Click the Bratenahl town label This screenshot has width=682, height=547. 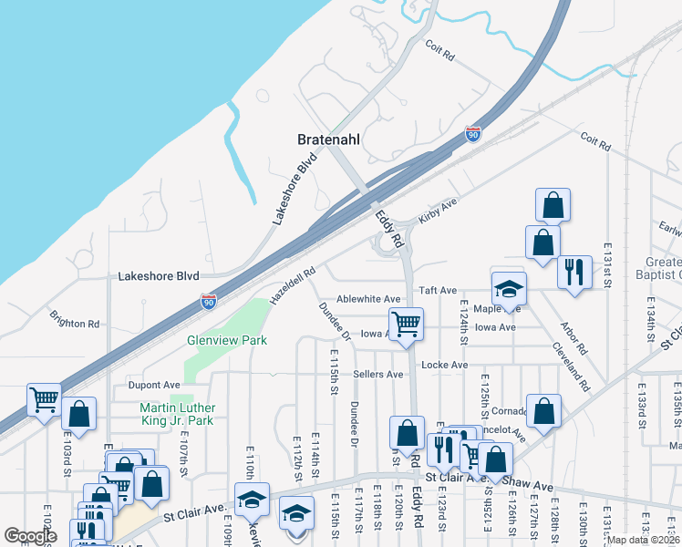click(x=332, y=140)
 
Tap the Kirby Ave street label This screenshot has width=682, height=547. click(x=436, y=211)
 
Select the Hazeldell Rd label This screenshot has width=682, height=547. click(x=292, y=285)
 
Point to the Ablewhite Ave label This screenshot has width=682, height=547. click(x=368, y=299)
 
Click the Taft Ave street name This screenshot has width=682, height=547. click(x=437, y=290)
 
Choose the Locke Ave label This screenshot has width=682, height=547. click(x=444, y=365)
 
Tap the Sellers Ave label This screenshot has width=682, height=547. click(x=377, y=374)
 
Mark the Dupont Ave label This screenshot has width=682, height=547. click(x=153, y=386)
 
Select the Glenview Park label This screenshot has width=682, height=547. click(x=227, y=340)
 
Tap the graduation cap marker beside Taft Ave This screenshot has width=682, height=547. click(x=509, y=289)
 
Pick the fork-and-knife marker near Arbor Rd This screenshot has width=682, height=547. click(x=574, y=271)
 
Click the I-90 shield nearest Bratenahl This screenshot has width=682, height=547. click(x=472, y=134)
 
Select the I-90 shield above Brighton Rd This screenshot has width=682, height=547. click(x=209, y=302)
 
